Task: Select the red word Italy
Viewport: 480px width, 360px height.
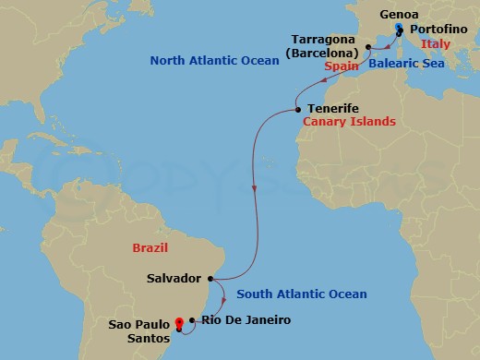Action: point(435,43)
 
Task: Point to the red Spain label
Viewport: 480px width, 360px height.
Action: point(341,67)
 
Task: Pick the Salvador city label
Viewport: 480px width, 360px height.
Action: point(174,277)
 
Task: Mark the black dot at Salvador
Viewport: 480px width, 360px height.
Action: point(213,277)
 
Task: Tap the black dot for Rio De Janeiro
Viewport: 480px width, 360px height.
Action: point(191,321)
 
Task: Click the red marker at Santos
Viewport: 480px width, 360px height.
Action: point(178,323)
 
